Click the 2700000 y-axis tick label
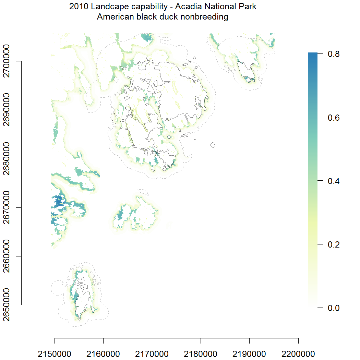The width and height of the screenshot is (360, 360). click(7, 62)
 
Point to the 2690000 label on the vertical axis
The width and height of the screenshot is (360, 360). click(7, 110)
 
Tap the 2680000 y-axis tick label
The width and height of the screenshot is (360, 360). click(7, 159)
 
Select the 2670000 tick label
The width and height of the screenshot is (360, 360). click(7, 207)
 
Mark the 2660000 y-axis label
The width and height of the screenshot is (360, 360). click(7, 256)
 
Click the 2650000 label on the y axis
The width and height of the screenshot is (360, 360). click(7, 305)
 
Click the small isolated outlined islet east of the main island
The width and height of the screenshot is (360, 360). click(213, 145)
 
